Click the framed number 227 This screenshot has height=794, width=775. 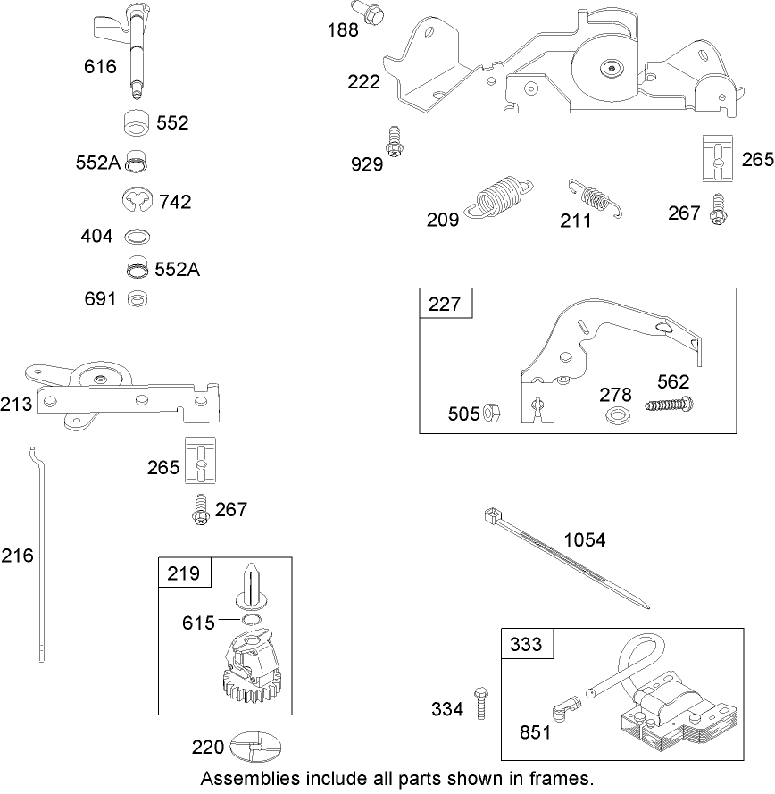(445, 304)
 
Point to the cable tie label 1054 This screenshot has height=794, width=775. (584, 540)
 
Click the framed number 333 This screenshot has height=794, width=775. (527, 644)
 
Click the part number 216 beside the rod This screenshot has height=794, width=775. (17, 556)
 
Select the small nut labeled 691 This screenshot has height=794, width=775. (137, 298)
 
